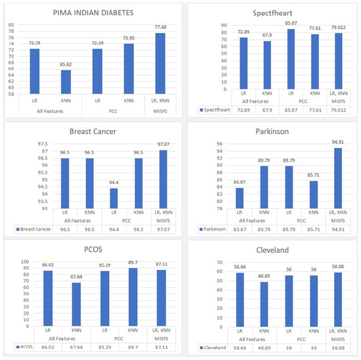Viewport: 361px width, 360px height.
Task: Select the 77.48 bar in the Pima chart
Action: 160,66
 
